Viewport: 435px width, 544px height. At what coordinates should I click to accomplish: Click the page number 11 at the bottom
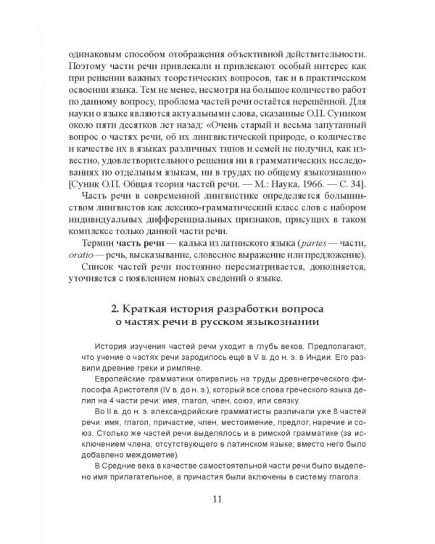[x=217, y=499]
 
